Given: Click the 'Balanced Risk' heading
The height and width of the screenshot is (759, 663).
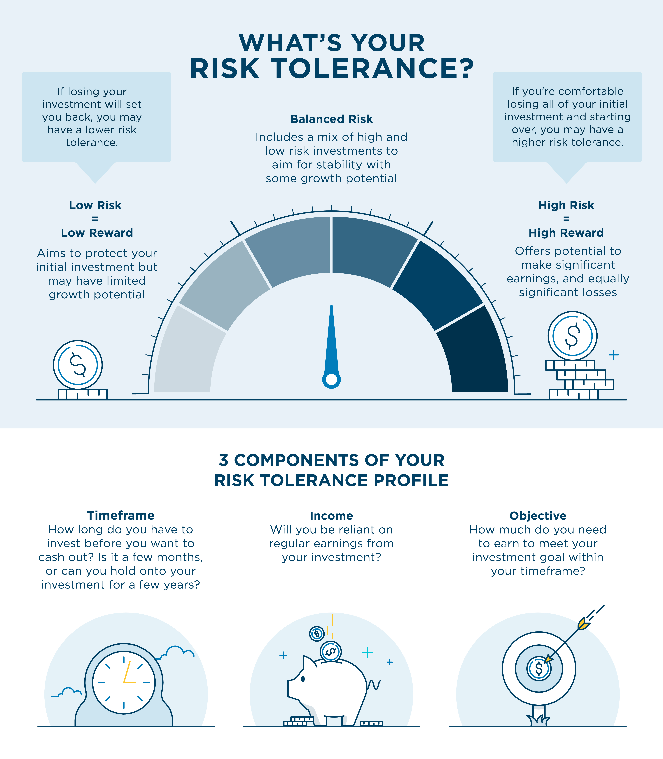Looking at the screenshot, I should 331,119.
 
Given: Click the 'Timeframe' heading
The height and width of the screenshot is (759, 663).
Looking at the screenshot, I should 121,516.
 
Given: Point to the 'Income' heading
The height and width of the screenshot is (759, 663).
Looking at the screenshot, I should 331,516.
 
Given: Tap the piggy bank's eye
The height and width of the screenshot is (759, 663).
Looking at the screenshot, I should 303,679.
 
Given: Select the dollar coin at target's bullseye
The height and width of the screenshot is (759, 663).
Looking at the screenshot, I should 539,669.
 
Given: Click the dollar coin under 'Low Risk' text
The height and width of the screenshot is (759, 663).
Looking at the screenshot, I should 78,364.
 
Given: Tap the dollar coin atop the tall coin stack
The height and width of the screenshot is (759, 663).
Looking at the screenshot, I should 572,336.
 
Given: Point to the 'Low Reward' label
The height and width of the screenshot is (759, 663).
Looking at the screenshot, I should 97,233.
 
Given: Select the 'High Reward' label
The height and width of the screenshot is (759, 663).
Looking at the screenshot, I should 566,233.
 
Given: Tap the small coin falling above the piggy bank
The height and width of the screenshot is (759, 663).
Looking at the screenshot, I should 317,634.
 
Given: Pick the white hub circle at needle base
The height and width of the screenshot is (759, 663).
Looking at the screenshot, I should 332,380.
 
